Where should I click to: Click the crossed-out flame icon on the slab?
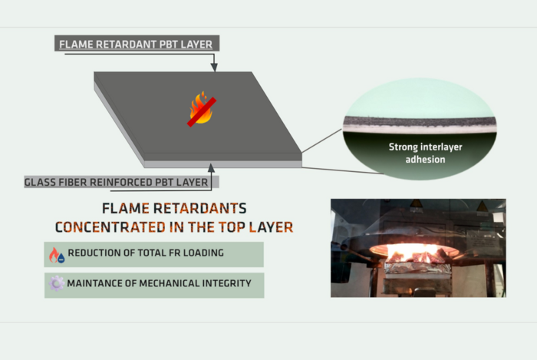(202, 108)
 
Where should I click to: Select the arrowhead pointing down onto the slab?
(214, 67)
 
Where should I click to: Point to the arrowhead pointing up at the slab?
(211, 168)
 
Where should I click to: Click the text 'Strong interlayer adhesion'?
(425, 153)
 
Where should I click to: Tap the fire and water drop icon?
(57, 255)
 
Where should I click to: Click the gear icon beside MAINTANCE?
(56, 283)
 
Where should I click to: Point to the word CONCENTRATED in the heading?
(110, 227)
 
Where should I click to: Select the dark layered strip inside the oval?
(420, 121)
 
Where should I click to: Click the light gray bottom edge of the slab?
(222, 164)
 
